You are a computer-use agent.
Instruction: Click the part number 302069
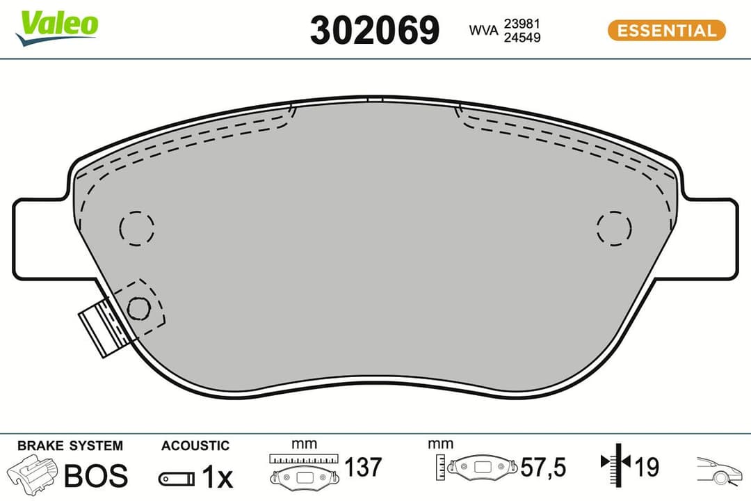coord(375,31)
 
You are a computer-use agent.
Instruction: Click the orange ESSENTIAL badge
coord(666,31)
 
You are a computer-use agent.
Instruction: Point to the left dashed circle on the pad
coord(136,227)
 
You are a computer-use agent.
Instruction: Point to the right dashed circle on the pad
coord(614,227)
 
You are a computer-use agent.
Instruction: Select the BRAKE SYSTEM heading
coord(70,446)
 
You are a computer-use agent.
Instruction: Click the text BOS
coord(96,476)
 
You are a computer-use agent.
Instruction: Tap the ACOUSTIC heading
coord(195,446)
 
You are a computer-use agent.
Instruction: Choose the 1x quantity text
coord(216,477)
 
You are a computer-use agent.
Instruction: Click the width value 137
coord(363,467)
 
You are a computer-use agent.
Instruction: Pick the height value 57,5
coord(543,467)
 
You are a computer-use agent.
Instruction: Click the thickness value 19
coord(647,467)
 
